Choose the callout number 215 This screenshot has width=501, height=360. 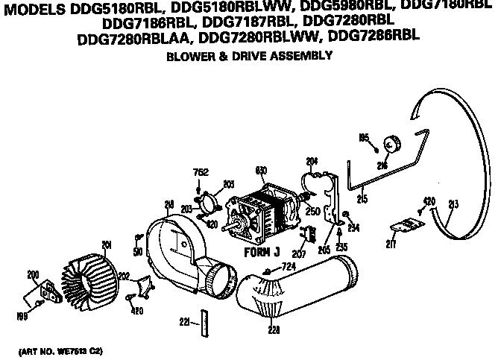pos(363,198)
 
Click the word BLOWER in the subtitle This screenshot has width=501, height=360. pos(189,56)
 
